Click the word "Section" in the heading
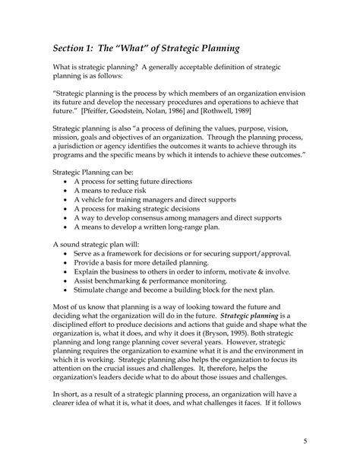coord(74,47)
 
